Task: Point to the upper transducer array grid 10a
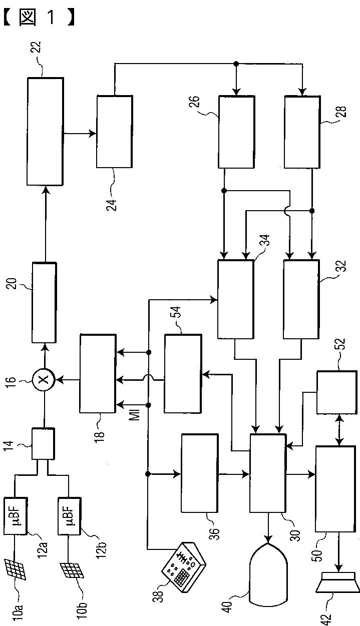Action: click(17, 568)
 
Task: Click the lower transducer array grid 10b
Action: click(72, 570)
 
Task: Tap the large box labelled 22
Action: click(45, 132)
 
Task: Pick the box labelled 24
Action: click(115, 132)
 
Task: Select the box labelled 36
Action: click(199, 473)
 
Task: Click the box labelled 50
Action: click(333, 488)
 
